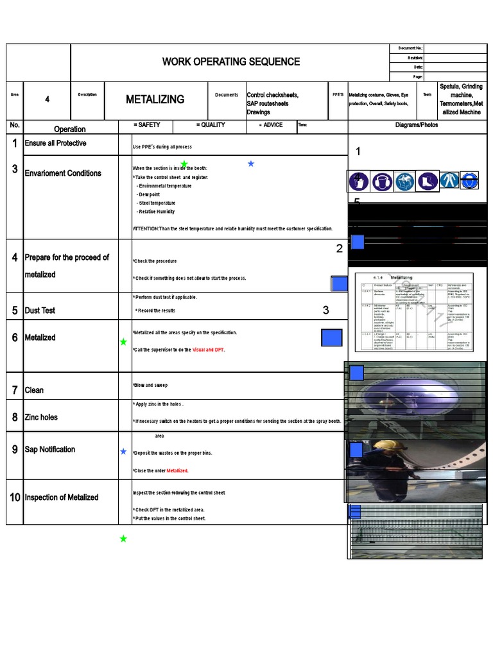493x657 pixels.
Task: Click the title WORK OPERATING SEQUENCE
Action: [x=230, y=62]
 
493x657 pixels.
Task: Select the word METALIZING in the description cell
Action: [x=155, y=99]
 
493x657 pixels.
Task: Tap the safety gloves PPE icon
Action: [x=359, y=181]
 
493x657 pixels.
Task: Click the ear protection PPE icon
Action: [x=383, y=181]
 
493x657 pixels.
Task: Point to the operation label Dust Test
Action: [x=40, y=311]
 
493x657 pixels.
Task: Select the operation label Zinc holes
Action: [x=41, y=417]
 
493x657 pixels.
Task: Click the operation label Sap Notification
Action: [x=49, y=449]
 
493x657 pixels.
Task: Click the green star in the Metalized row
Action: [x=123, y=342]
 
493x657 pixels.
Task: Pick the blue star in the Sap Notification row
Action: [x=123, y=452]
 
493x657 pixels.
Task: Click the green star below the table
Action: [x=123, y=539]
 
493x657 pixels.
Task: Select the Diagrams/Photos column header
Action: [x=416, y=125]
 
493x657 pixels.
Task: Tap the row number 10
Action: [x=15, y=498]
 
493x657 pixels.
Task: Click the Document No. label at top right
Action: [x=410, y=49]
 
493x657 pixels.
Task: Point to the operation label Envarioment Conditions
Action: [x=62, y=173]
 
